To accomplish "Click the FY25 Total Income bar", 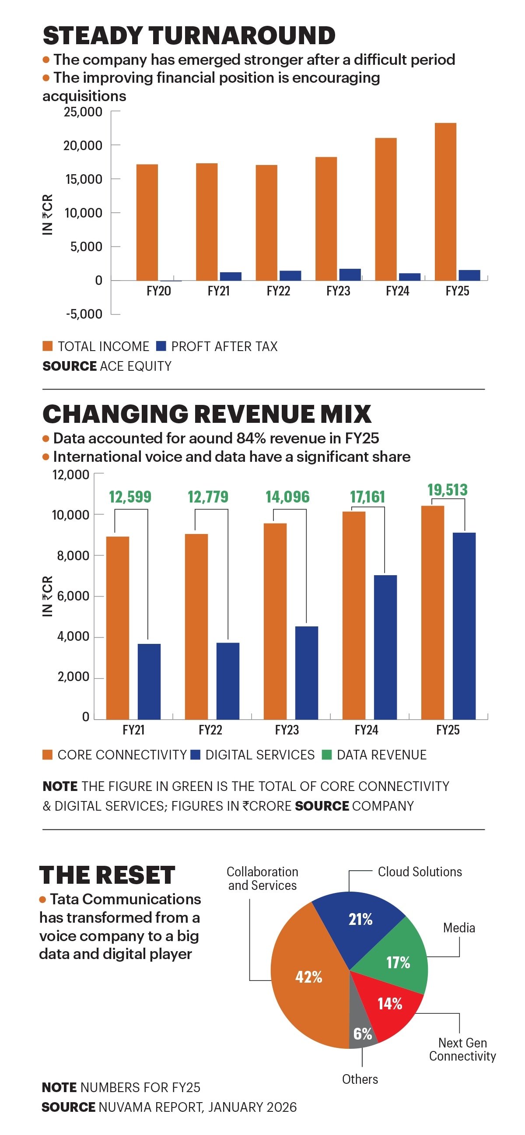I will (x=445, y=201).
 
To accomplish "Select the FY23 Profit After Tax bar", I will (x=350, y=274).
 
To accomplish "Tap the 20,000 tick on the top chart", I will (x=83, y=145).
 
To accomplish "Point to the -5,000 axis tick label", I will (x=84, y=314).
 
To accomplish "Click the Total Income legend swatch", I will (x=48, y=346).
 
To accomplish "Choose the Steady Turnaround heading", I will (x=189, y=36).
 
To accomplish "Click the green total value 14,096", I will (x=287, y=497).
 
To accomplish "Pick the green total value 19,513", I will (x=447, y=490).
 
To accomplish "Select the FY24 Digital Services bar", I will (x=385, y=647).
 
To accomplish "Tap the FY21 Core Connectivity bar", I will (x=118, y=628).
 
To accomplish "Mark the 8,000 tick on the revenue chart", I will (x=73, y=555).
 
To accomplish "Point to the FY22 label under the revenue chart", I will (x=210, y=730).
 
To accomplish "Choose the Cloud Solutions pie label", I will (x=419, y=872).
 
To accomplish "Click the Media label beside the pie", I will (x=459, y=928).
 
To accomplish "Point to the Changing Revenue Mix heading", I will (x=206, y=414).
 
